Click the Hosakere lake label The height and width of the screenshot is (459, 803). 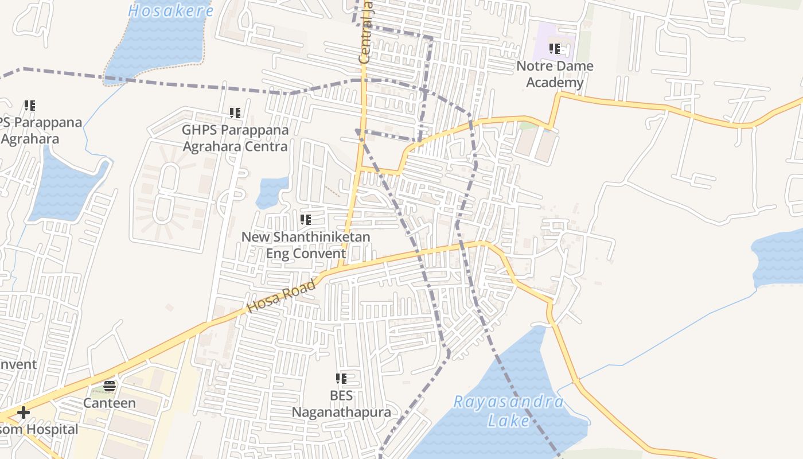[x=170, y=10]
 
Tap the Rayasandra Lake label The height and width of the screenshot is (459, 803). [x=508, y=411]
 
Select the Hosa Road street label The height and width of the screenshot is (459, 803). [x=282, y=296]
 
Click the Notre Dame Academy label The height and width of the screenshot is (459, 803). [x=555, y=74]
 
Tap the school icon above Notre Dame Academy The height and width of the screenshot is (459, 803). [x=554, y=49]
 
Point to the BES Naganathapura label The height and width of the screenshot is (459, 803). [x=341, y=404]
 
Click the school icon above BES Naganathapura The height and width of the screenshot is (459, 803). [x=341, y=379]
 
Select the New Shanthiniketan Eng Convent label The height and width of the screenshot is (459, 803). [x=306, y=245]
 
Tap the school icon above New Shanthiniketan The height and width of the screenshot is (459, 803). [x=306, y=219]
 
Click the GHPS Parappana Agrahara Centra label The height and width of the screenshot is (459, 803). [x=235, y=138]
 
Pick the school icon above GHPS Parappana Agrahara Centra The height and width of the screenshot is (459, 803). [x=235, y=112]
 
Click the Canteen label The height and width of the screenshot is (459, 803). [x=110, y=403]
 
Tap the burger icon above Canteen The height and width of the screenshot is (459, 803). [x=110, y=386]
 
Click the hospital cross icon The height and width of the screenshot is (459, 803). [x=24, y=413]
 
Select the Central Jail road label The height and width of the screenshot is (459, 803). [x=365, y=34]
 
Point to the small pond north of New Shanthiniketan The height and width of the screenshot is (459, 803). [x=271, y=192]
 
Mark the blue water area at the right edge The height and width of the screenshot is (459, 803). [x=780, y=258]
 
